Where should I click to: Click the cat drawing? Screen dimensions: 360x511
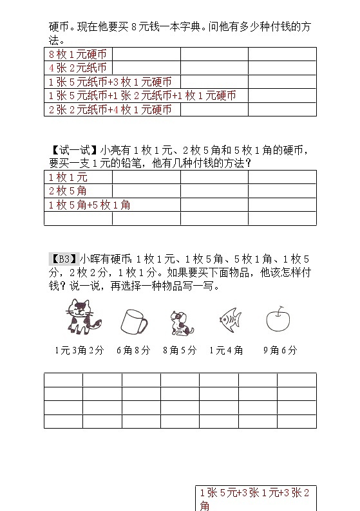click(79, 318)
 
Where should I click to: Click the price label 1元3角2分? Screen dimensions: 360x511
click(79, 351)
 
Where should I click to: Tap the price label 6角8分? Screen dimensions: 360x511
click(133, 351)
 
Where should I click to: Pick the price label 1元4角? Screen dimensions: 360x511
click(227, 351)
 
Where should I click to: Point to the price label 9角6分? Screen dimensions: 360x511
click(280, 351)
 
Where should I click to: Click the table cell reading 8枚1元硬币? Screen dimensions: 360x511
click(77, 54)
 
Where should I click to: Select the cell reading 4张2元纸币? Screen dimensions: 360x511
click(76, 68)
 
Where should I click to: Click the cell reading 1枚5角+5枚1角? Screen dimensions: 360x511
click(90, 205)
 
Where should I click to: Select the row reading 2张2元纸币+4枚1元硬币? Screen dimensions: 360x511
click(110, 109)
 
